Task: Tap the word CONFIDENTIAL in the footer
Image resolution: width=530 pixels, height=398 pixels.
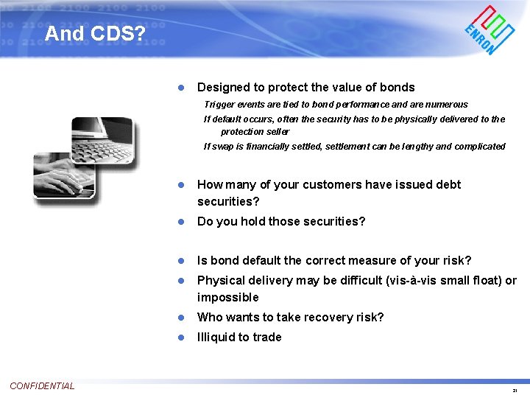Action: tap(42, 385)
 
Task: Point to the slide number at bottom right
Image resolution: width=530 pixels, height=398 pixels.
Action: tap(515, 390)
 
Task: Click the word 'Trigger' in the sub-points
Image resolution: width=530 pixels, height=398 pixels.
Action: tap(219, 105)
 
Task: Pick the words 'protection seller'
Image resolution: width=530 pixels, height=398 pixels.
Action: tap(255, 131)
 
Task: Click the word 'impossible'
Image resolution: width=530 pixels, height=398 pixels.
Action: tap(227, 297)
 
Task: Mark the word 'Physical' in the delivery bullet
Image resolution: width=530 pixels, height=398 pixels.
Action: tap(220, 280)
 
